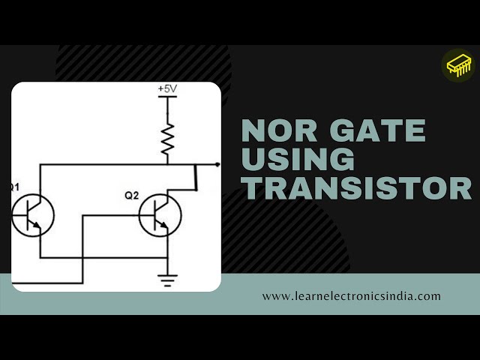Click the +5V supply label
coord(166,89)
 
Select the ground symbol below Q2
coord(167,280)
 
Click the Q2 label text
coord(132,196)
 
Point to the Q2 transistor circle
coord(160,216)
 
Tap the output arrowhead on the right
coord(217,163)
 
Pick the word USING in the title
coord(298,160)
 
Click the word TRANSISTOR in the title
coord(356,187)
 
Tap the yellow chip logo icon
coord(460,66)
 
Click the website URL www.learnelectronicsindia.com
coord(351,295)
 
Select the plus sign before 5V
coord(160,89)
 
